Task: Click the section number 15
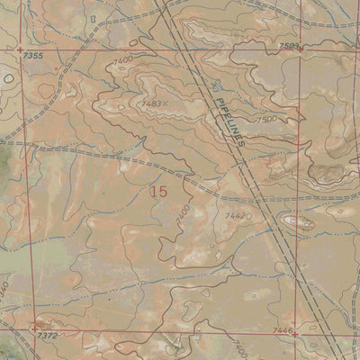(159, 191)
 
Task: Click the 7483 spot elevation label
(152, 104)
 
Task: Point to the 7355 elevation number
(31, 56)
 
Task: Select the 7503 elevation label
(289, 45)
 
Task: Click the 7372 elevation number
(48, 335)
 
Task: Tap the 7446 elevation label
(283, 331)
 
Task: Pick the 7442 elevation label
(238, 216)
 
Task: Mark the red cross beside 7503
(301, 49)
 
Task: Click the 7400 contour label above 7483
(123, 59)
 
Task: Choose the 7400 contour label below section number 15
(184, 216)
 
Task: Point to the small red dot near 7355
(56, 67)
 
